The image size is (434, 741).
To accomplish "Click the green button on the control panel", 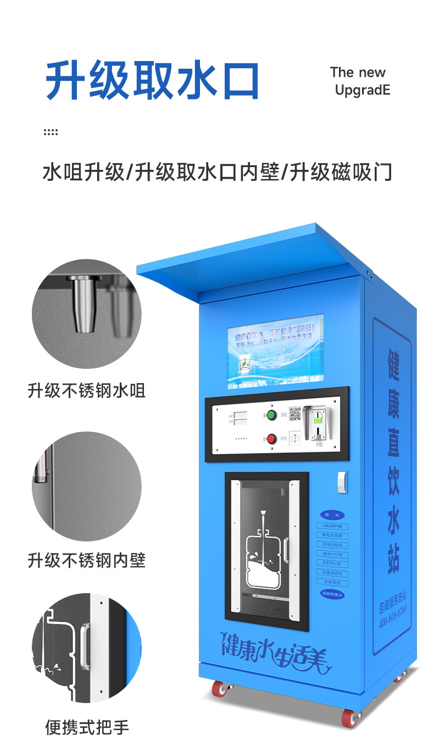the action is click(270, 414).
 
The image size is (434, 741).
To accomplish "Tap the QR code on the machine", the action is click(295, 413).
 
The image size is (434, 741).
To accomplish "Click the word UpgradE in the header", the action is click(363, 90).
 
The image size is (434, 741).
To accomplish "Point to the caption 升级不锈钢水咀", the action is click(86, 390).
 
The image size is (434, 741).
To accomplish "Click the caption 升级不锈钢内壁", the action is click(86, 560).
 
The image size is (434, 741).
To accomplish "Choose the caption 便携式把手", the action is click(86, 727).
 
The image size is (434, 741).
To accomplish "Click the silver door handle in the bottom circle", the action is click(86, 646).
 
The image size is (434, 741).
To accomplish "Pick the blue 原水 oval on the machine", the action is click(332, 515).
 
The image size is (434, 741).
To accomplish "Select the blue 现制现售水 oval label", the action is click(333, 594).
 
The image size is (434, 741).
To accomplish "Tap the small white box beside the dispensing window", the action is click(342, 481).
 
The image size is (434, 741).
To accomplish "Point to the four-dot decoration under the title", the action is click(50, 132).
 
